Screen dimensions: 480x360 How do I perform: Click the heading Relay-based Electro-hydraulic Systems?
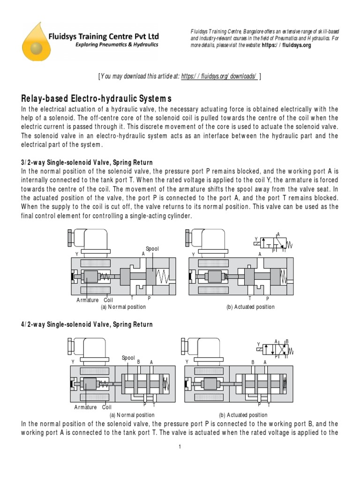[97, 99]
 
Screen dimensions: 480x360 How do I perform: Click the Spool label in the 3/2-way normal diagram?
[152, 248]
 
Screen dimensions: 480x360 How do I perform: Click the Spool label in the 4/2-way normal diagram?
[128, 358]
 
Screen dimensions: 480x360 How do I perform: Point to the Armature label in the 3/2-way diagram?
[88, 300]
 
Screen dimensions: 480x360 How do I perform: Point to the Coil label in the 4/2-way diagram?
[107, 407]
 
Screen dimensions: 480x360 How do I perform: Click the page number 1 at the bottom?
[180, 447]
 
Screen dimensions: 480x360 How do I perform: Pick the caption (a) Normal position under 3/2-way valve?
[123, 307]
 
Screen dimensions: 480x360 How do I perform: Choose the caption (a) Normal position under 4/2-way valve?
[132, 415]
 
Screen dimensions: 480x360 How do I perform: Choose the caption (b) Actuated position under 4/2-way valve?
[243, 415]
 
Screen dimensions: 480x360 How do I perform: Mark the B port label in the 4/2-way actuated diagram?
[253, 362]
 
